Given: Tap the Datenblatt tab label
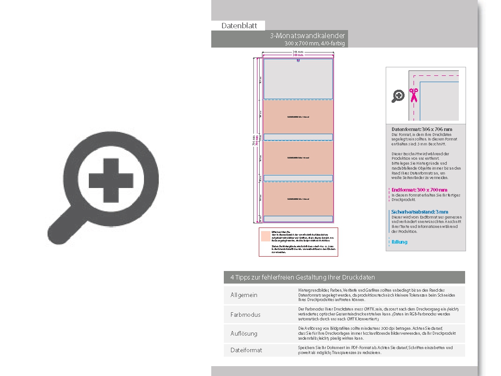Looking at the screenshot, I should (239, 26).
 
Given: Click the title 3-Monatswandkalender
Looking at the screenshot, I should (307, 36).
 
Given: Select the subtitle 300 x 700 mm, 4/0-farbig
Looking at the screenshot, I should (315, 44).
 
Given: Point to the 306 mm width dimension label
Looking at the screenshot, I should (298, 52).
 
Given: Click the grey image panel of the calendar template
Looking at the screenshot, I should (298, 79).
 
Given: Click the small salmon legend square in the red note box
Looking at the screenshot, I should (266, 236).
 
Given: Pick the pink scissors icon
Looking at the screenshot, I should (413, 95).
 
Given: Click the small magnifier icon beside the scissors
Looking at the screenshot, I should (398, 96).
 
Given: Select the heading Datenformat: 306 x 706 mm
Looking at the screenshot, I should (422, 129).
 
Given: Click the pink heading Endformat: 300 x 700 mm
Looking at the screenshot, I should (419, 190).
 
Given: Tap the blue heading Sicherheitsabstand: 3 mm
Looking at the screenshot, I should (420, 212).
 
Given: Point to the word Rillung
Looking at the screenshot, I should (400, 242).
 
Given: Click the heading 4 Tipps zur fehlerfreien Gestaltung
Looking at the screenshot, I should (302, 277).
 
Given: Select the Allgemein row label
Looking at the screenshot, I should (244, 295).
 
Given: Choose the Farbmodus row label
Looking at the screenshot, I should (245, 315).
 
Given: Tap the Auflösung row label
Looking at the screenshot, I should (244, 333).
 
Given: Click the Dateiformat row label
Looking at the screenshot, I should (246, 350).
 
